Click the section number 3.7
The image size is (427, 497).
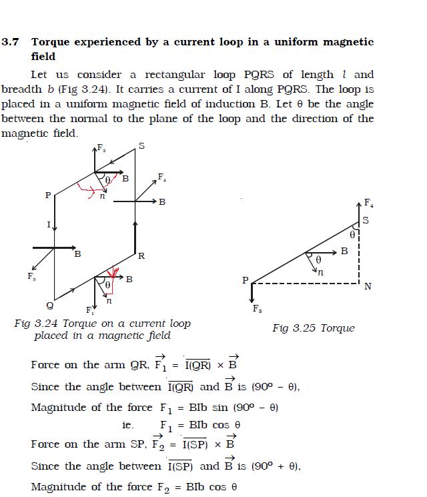coord(11,42)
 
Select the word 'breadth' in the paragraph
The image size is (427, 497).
coord(22,89)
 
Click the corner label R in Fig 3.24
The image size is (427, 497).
coord(141,256)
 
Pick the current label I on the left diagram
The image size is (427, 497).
coord(48,224)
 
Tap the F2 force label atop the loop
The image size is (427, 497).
coord(101,147)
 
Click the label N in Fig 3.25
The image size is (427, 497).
coord(368,287)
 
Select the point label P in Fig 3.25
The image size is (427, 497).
coord(246,281)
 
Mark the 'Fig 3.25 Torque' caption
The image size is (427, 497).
coord(313,328)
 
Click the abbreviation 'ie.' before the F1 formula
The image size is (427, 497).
coord(128,425)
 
